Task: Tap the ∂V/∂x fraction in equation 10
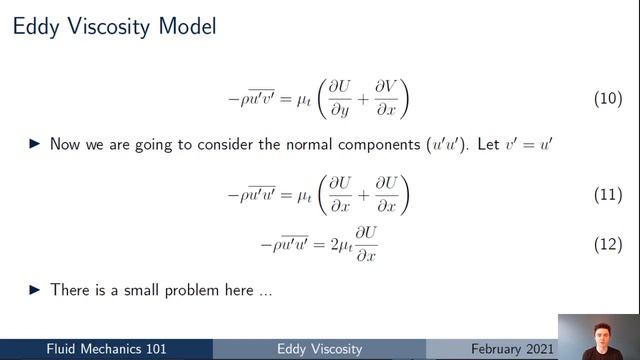[381, 99]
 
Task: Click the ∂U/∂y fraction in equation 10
[327, 99]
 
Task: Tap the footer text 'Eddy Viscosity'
[320, 348]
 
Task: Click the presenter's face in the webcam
[600, 326]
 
